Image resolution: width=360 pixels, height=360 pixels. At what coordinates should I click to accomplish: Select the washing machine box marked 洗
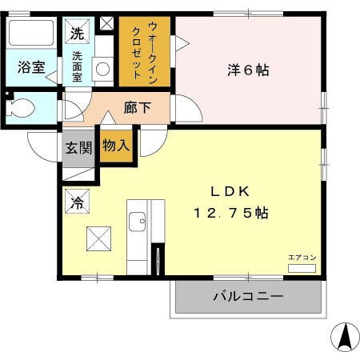click(77, 34)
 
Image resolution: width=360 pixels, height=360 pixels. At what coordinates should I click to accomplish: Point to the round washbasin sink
click(103, 69)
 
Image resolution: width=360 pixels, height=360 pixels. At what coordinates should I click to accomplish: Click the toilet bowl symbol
click(23, 108)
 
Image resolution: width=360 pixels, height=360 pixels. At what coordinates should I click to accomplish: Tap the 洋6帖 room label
click(248, 70)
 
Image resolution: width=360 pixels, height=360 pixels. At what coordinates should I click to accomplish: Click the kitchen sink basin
click(138, 221)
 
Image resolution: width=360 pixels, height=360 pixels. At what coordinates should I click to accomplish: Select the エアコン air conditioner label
click(302, 258)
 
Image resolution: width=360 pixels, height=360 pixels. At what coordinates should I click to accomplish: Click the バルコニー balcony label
click(247, 297)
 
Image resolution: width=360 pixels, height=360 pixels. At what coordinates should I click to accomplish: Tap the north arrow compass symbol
click(346, 336)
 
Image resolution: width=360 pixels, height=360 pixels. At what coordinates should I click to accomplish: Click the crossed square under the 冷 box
click(98, 239)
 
